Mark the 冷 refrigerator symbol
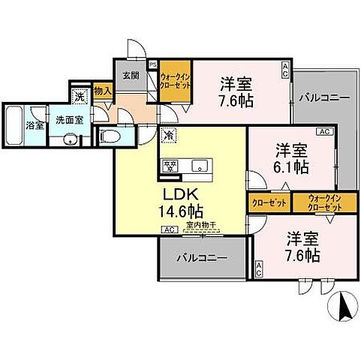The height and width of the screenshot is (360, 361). click(x=169, y=136)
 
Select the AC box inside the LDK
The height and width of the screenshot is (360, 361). click(x=169, y=230)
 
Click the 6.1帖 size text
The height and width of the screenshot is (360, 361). click(x=290, y=166)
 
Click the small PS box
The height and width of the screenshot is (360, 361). click(x=153, y=64)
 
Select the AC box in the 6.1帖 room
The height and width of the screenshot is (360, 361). click(x=323, y=132)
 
